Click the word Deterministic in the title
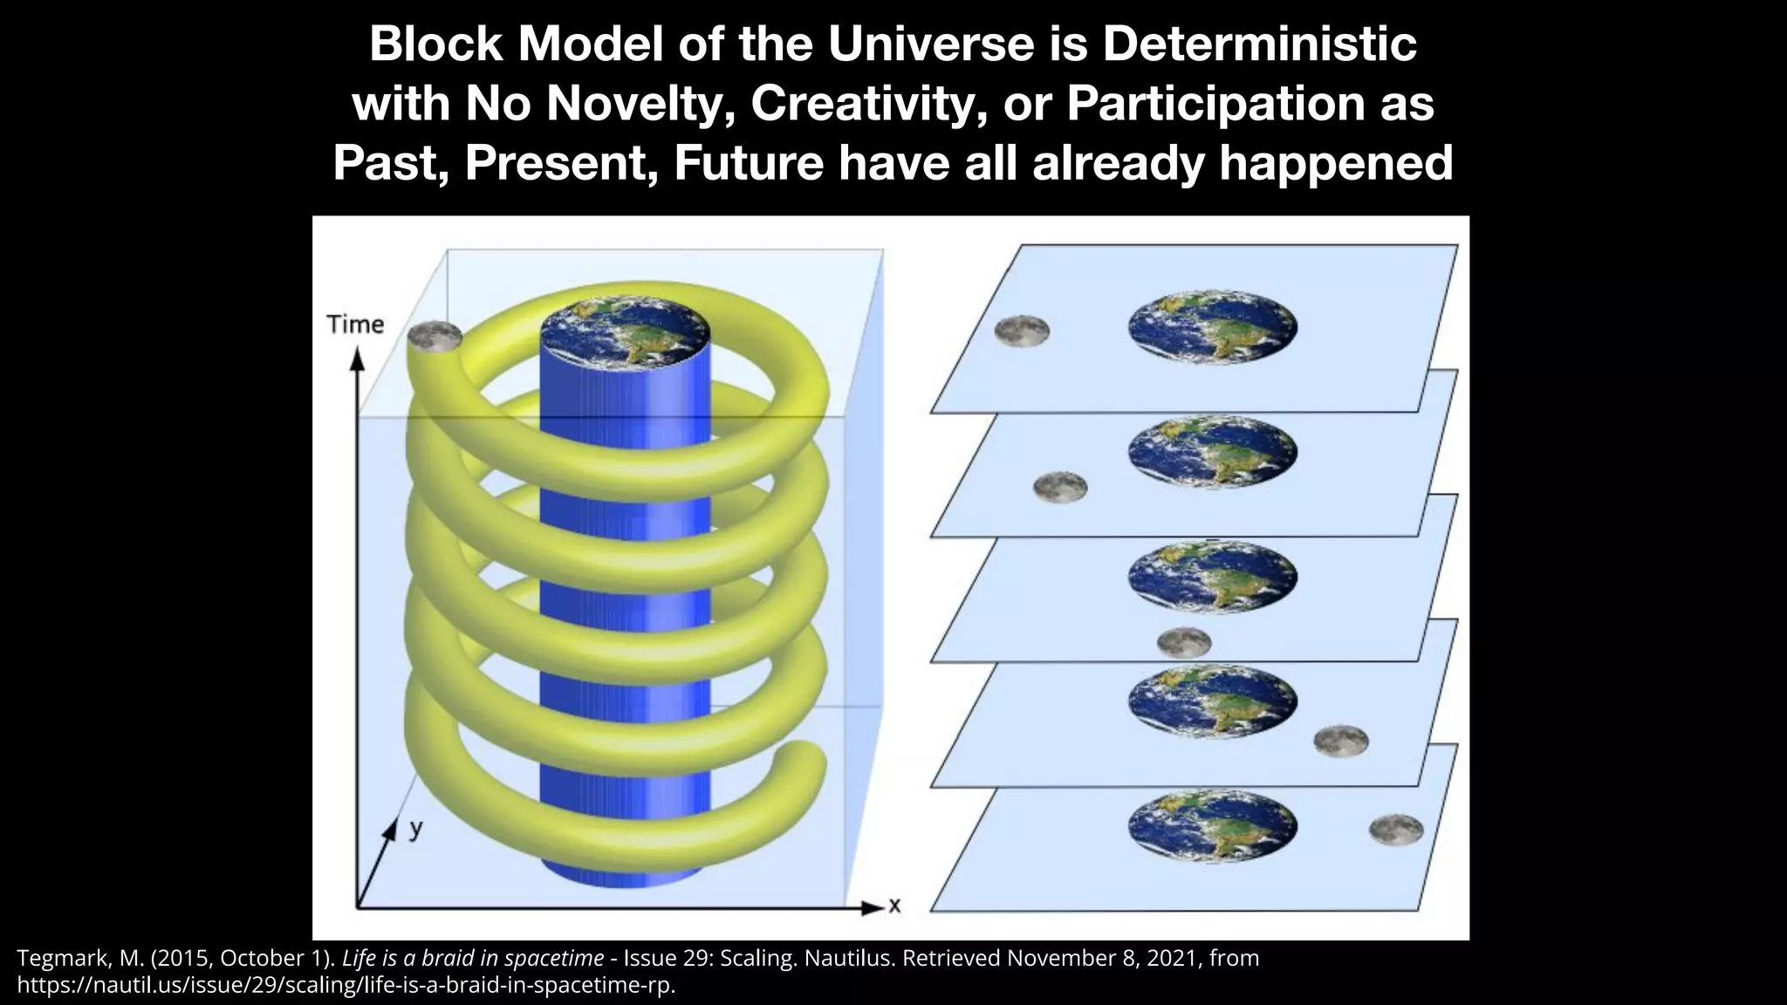[x=1259, y=45]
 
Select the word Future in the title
[x=748, y=162]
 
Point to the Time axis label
[x=355, y=325]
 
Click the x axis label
[x=894, y=906]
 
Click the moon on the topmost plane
[x=1022, y=331]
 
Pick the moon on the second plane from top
[x=1060, y=486]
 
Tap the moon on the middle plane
[x=1184, y=643]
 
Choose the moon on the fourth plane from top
[x=1341, y=741]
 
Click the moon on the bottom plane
[x=1396, y=829]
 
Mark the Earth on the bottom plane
[x=1213, y=826]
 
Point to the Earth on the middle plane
[x=1213, y=576]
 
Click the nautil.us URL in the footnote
[x=346, y=987]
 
